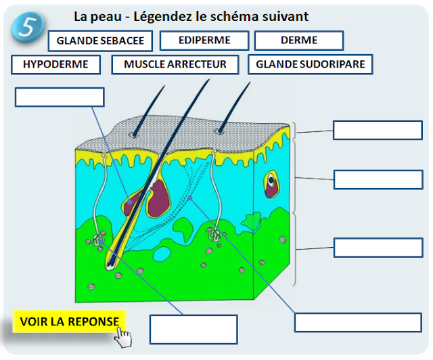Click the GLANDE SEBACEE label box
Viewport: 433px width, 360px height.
click(100, 41)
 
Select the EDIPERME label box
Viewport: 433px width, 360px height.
click(204, 41)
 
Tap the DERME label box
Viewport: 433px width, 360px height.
click(299, 41)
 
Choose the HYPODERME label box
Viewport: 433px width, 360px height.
click(55, 65)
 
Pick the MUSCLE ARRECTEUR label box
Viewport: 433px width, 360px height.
click(175, 65)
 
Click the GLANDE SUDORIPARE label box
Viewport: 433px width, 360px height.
click(311, 65)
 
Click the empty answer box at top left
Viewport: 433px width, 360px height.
click(60, 97)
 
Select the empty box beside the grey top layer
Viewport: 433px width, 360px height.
click(378, 130)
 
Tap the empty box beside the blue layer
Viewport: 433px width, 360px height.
click(378, 179)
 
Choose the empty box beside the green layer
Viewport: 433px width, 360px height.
click(378, 247)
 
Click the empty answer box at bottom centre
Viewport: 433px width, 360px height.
click(193, 330)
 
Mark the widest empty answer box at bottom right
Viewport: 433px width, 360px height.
click(358, 322)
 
